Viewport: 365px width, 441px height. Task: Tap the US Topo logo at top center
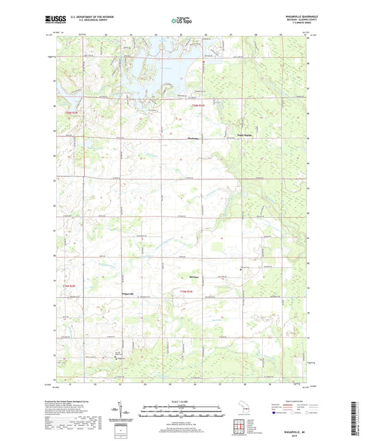(x=179, y=21)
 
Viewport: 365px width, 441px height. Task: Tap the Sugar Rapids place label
(x=245, y=135)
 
